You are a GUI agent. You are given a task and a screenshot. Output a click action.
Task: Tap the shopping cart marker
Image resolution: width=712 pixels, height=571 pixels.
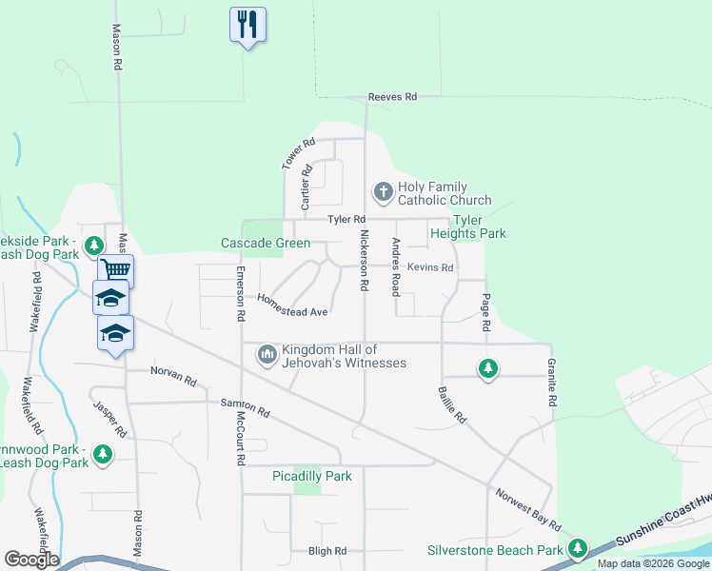[x=115, y=270]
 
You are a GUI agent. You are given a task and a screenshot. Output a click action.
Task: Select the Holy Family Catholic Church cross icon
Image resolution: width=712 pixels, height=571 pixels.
[x=384, y=192]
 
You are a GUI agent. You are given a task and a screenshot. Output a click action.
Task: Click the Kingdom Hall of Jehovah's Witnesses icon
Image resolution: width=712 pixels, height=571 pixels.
[x=267, y=356]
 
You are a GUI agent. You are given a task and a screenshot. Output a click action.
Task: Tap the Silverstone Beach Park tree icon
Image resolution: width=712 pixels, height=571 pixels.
[x=577, y=549]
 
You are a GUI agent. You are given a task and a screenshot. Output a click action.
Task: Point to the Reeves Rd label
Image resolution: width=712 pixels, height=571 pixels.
[x=393, y=97]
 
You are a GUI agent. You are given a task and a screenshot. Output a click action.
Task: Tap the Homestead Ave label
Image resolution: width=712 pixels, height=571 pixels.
[x=292, y=305]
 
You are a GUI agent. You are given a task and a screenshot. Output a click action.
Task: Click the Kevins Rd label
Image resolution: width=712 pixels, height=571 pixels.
[x=430, y=267]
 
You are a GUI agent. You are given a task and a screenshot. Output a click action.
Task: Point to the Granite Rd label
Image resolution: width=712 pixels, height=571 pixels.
[x=550, y=384]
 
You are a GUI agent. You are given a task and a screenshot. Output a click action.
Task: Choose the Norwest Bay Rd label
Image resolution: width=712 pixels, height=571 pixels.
[x=527, y=510]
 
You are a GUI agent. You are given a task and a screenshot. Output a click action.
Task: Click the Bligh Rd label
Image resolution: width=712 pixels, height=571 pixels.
[x=327, y=551]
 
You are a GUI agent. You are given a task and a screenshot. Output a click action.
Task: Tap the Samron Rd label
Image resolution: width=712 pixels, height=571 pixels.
[x=245, y=408]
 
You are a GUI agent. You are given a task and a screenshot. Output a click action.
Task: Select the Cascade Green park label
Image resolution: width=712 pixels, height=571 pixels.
[x=266, y=243]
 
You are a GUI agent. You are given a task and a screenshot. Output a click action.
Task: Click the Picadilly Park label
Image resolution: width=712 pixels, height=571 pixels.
[x=312, y=476]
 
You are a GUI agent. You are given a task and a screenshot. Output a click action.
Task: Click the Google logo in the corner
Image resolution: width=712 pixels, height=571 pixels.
[x=31, y=560]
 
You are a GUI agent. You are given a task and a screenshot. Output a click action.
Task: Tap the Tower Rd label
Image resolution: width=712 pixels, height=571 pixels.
[x=297, y=155]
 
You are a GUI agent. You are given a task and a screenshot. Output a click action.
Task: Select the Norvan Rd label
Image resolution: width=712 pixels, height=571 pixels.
[x=172, y=376]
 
